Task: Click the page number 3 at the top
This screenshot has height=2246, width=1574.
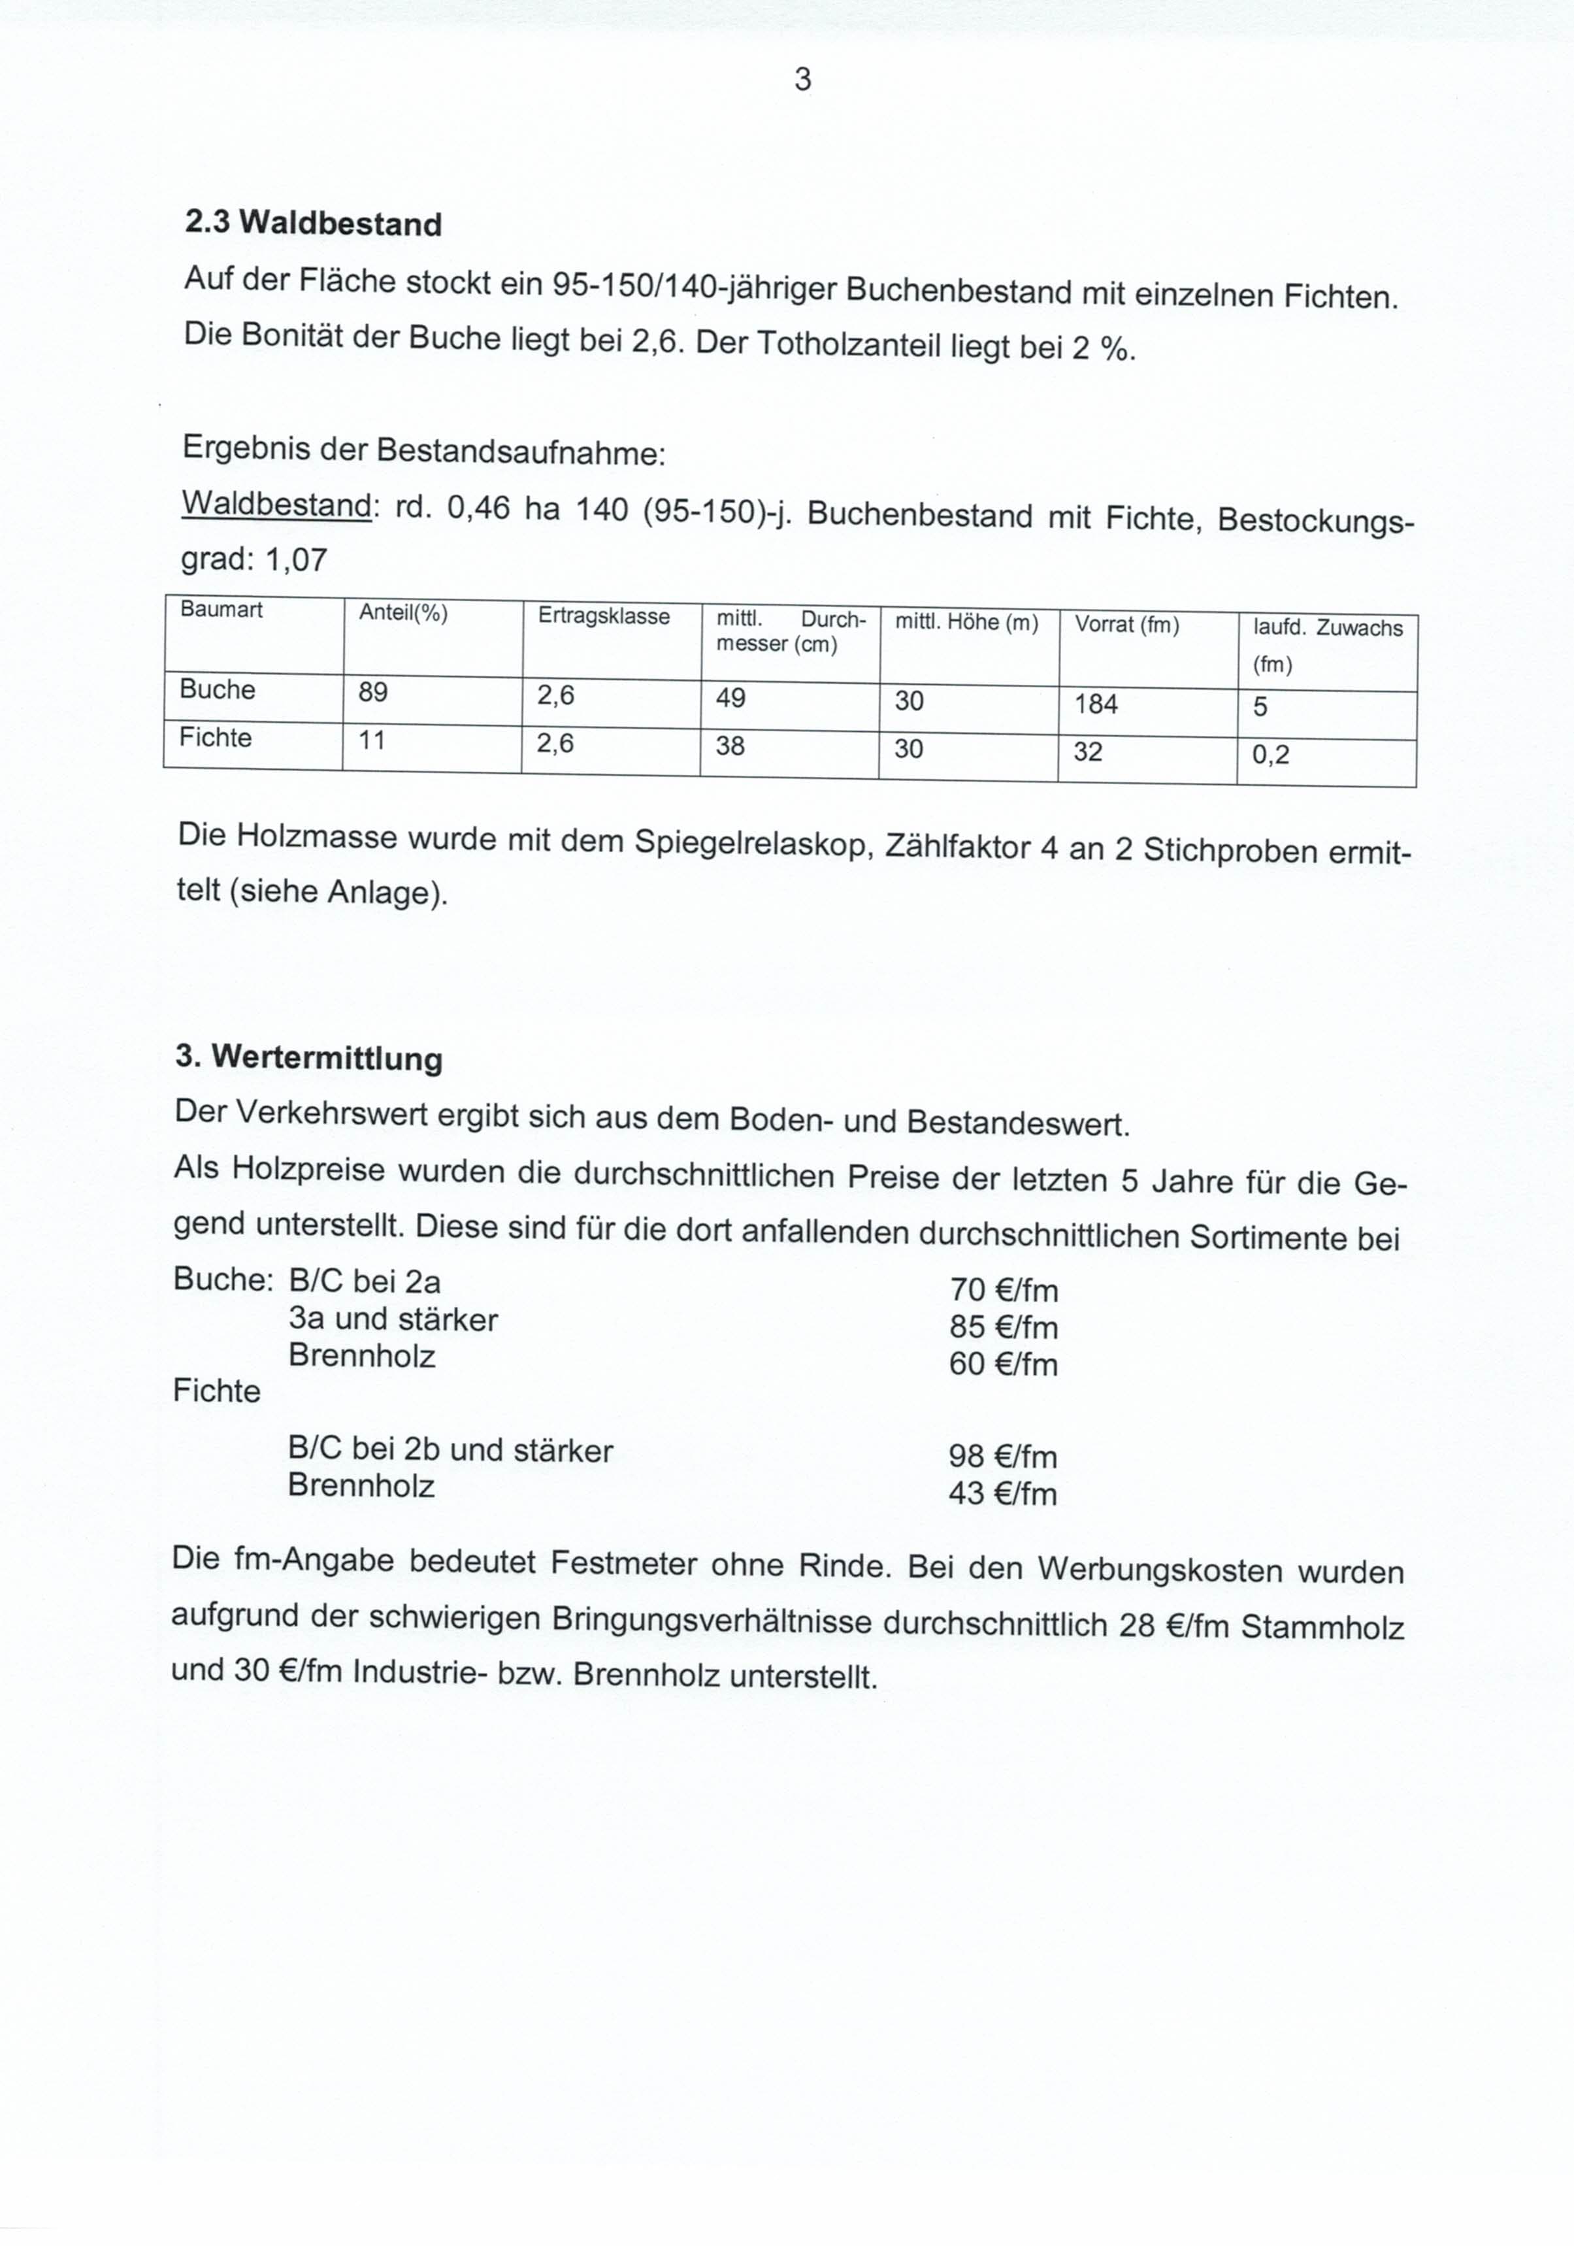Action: tap(802, 79)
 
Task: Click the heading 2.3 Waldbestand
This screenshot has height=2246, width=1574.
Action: tap(313, 224)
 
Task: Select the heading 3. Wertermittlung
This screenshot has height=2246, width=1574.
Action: tap(308, 1057)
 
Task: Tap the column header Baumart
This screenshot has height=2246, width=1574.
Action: tap(221, 610)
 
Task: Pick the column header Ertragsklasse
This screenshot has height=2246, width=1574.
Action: tap(604, 616)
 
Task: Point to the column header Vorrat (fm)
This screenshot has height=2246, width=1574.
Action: tap(1127, 624)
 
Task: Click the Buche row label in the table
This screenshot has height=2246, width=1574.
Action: tap(217, 689)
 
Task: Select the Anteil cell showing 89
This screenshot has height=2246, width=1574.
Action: tap(372, 693)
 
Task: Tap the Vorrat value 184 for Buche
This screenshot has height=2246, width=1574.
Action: tap(1096, 704)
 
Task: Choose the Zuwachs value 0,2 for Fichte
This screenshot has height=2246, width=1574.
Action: tap(1271, 754)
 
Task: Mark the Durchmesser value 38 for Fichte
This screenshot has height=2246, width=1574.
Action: tap(730, 746)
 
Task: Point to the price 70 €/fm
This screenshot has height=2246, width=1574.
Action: tap(1004, 1290)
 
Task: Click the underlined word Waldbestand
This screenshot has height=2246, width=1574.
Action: tap(276, 504)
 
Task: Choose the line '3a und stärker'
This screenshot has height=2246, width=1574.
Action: tap(393, 1319)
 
